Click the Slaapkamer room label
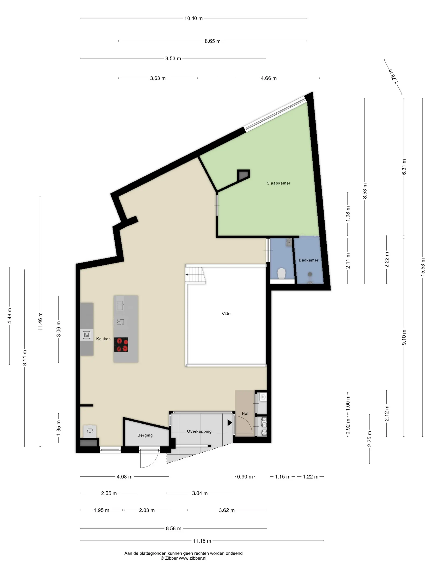[278, 183]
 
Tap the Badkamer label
[309, 260]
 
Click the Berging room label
[145, 435]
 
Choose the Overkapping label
[199, 431]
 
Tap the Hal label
[245, 413]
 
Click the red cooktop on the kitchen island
[121, 345]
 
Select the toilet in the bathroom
[281, 274]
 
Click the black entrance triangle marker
[230, 423]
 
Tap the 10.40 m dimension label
[194, 18]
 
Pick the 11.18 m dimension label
[202, 541]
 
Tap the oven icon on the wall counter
[86, 335]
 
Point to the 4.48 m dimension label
[10, 316]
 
